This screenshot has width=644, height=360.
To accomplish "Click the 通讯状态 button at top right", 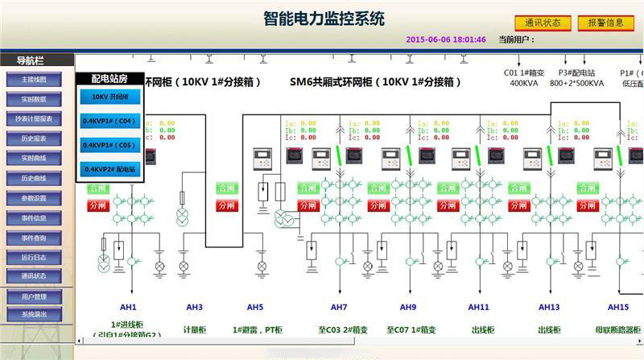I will click(x=543, y=23).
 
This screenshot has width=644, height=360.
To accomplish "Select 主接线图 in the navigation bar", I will click(x=34, y=80).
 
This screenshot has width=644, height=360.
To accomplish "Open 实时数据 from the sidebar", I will click(x=34, y=99).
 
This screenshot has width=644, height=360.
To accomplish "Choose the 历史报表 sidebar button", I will click(x=34, y=139).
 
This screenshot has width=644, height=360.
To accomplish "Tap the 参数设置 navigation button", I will click(x=34, y=198).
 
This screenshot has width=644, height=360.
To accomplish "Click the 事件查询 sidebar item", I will click(x=34, y=238).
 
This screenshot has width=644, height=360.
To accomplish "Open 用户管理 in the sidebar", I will click(x=34, y=297).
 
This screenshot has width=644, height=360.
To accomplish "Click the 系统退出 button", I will click(x=34, y=314).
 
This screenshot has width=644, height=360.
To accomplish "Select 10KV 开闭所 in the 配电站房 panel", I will click(x=111, y=97).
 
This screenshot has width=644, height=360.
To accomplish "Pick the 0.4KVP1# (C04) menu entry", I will click(x=111, y=121).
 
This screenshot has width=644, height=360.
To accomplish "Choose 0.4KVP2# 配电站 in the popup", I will click(x=111, y=169).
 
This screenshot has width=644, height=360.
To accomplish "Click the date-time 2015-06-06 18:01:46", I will click(x=446, y=39).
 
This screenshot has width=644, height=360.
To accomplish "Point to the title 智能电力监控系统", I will click(x=324, y=18).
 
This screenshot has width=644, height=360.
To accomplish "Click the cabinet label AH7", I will click(x=339, y=307).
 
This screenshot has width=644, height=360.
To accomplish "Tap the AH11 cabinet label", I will click(x=479, y=307).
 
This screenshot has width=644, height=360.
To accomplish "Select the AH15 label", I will click(x=618, y=307).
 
